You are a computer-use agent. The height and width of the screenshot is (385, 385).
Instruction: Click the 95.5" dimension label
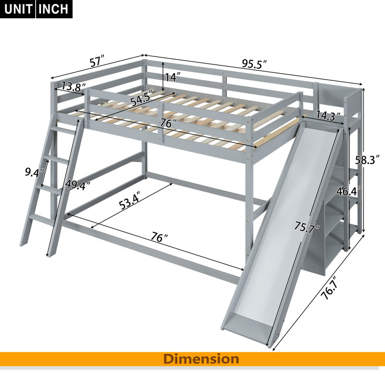(x=255, y=64)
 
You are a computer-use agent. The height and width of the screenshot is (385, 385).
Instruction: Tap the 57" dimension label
(x=98, y=62)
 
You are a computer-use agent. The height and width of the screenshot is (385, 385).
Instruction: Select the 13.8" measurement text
(x=73, y=87)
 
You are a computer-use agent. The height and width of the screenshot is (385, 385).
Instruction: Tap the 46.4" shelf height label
(x=349, y=191)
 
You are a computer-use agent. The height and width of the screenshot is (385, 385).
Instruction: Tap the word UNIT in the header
(x=18, y=9)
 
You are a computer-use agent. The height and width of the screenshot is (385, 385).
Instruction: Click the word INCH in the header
(x=53, y=9)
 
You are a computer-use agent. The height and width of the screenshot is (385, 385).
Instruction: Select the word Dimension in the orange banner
(x=201, y=359)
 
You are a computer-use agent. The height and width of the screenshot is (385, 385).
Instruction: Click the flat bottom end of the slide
(x=246, y=329)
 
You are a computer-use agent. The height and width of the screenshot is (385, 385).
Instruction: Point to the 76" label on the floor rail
(x=159, y=237)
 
